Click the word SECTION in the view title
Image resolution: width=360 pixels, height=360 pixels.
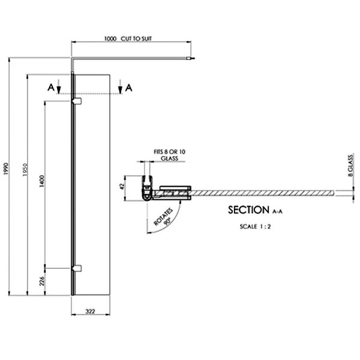pos(248,210)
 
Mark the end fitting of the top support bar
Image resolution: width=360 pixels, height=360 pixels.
pos(191,59)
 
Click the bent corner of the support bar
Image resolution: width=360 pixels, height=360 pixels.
pos(73,59)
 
